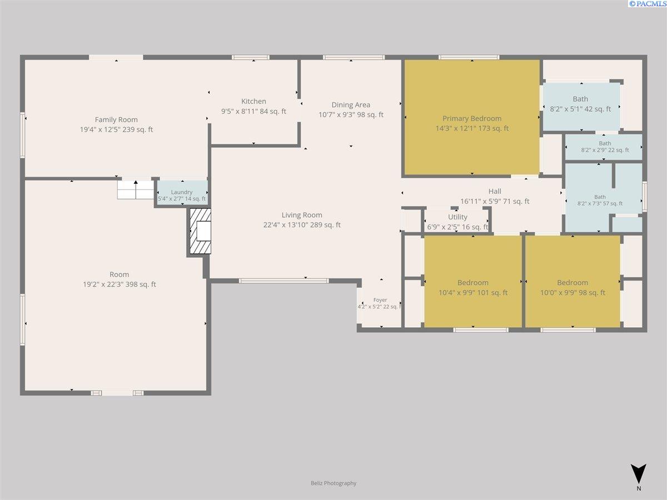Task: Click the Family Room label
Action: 116,119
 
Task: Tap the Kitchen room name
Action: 253,102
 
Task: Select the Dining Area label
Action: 351,105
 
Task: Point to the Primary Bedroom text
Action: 471,118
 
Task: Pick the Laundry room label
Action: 182,192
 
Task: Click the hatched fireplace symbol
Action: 200,231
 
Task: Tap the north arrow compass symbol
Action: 639,473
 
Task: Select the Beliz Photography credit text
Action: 333,483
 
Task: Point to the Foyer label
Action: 380,300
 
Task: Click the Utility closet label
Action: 457,217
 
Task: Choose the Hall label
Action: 495,191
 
